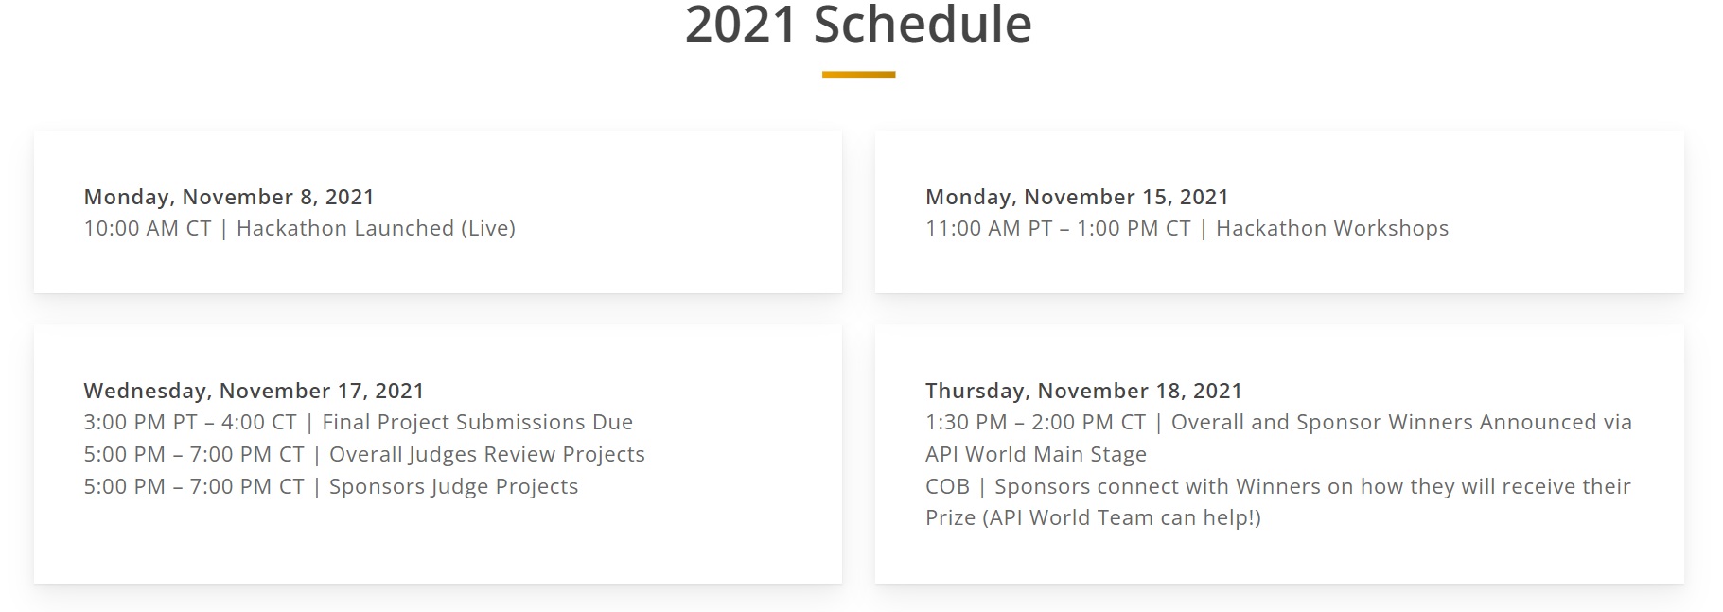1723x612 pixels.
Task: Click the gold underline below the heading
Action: pos(858,74)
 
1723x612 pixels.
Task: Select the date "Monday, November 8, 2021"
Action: pos(229,197)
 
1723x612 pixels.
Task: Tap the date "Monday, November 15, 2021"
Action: pos(1077,197)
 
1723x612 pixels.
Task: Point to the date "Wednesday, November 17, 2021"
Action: pos(254,391)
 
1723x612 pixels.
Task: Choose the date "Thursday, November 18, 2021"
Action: pos(1083,391)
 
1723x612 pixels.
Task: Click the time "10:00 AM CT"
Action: pos(148,228)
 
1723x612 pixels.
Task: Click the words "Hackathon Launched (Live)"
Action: pos(376,228)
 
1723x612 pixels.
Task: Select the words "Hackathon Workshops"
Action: pos(1332,228)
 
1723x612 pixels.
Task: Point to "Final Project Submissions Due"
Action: pos(478,422)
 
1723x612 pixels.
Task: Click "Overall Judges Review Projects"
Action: pos(487,454)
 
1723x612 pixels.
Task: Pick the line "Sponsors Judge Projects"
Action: pos(453,486)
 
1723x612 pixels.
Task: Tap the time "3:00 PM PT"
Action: pos(141,422)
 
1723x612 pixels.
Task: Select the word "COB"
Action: pos(947,486)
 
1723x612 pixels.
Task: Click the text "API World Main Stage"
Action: pos(1036,454)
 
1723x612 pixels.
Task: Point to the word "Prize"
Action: pos(950,517)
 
